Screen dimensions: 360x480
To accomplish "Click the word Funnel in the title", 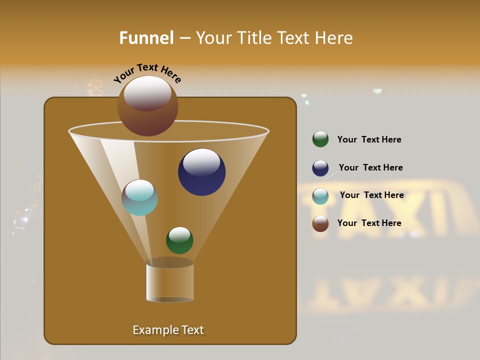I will coord(146,38).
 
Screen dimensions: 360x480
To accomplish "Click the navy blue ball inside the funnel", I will coord(201,172).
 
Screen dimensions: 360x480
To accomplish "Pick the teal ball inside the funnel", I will coord(139,198).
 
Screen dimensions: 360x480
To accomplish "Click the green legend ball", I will coord(320,139).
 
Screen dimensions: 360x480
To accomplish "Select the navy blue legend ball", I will coord(320,168).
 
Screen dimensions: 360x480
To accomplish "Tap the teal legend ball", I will coord(320,196).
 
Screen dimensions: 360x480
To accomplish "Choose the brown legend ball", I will coord(320,223).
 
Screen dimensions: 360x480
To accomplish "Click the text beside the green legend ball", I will coord(369,139).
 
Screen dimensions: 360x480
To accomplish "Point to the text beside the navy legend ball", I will coord(370,167).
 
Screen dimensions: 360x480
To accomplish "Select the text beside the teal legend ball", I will coord(371,195).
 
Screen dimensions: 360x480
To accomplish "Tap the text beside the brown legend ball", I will coord(369,223).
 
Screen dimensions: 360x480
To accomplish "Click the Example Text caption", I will coord(168,330).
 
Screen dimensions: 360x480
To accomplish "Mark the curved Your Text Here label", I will coord(147,73).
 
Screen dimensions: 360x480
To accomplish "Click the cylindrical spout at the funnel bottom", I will coord(170,282).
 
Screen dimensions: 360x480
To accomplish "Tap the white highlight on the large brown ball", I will coord(147,93).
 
